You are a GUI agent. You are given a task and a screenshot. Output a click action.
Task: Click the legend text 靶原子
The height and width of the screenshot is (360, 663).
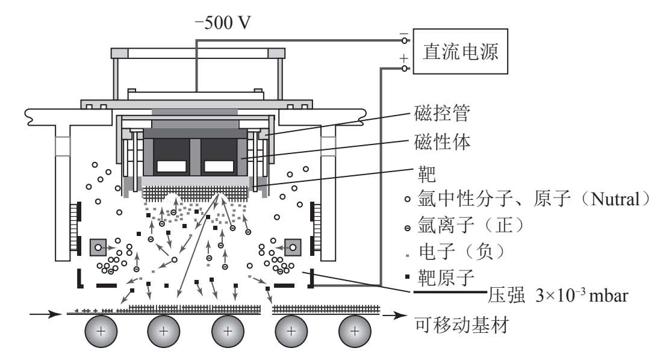coord(446,279)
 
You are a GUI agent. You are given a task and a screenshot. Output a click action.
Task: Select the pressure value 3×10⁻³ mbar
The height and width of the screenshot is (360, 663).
coord(579,297)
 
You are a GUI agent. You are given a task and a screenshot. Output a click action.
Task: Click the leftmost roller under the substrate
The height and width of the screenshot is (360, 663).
coord(99,331)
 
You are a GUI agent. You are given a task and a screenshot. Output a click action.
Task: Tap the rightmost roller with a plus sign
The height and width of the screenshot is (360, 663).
coord(355,331)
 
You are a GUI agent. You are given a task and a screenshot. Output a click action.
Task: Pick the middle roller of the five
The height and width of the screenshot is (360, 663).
coord(227,331)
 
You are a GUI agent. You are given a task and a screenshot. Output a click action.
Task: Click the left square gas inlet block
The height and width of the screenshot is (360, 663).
coord(98,247)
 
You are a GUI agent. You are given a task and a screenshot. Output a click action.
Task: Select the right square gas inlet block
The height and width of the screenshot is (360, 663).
coord(293,247)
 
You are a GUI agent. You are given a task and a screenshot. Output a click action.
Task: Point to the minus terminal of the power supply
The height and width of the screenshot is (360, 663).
coord(405,40)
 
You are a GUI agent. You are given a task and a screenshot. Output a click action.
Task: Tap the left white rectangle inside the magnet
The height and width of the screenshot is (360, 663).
coord(170,166)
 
